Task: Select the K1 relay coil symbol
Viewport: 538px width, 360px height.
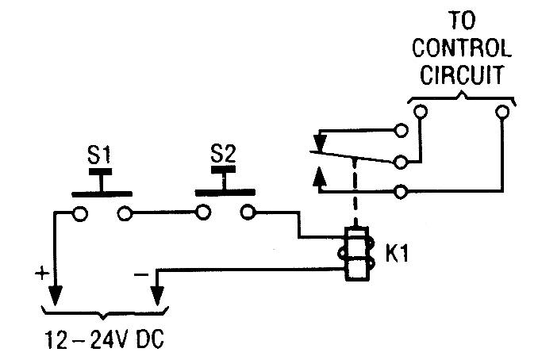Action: (355, 255)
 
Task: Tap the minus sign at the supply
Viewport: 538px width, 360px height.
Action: (140, 271)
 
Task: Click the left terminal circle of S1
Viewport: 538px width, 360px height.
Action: (80, 213)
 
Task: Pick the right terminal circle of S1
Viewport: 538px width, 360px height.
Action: (124, 213)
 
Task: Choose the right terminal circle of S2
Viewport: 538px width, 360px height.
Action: (248, 213)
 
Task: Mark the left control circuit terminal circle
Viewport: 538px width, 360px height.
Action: (419, 113)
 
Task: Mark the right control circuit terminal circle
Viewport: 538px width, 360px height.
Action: (501, 113)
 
